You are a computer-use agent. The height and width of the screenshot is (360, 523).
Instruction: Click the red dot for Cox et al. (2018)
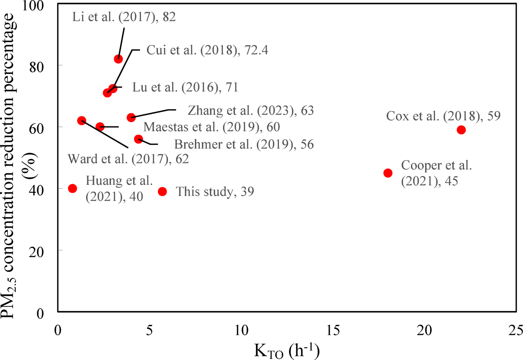[x=461, y=130]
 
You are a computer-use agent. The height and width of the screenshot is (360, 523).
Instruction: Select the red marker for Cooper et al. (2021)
[x=388, y=173]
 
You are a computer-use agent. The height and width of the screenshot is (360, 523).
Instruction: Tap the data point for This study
[x=162, y=191]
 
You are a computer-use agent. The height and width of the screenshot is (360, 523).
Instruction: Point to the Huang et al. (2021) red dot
[x=72, y=189]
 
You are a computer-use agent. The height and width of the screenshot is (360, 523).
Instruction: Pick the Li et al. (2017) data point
[x=118, y=59]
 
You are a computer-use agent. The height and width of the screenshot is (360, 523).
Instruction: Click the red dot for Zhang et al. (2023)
[x=131, y=118]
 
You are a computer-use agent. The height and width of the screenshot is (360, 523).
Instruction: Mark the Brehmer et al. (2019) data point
[x=138, y=139]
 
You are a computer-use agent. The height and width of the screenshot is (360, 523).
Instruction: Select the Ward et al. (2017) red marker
[x=82, y=120]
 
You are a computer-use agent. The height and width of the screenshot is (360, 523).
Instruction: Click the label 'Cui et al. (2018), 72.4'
[x=207, y=50]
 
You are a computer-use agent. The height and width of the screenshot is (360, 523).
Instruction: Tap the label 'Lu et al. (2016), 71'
[x=185, y=87]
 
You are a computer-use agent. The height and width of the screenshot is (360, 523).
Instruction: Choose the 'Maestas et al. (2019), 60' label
[x=212, y=127]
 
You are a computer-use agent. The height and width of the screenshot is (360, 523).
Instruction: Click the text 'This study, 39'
[x=215, y=191]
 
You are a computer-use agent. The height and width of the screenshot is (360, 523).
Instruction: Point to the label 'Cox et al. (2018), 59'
[x=443, y=116]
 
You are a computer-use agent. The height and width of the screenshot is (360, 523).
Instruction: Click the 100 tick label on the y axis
[x=33, y=6]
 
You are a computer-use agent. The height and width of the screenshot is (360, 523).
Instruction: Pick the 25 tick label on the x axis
[x=515, y=330]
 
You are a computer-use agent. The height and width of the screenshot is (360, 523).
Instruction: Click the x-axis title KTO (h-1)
[x=287, y=350]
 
